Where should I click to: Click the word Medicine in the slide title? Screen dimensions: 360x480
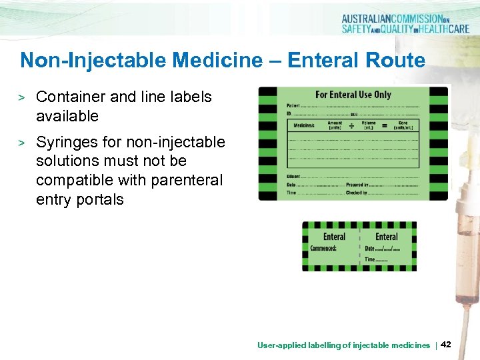pos(219,61)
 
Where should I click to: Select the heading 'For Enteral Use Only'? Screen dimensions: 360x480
pos(353,95)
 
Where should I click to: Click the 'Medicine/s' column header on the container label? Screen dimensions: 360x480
pos(303,125)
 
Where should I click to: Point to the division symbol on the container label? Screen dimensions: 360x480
pos(351,124)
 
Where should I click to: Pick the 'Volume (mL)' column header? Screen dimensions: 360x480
pos(368,125)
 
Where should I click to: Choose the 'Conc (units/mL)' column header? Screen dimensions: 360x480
pos(403,125)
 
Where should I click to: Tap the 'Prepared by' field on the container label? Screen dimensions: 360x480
pos(357,184)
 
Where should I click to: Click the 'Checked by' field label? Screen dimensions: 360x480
pos(357,192)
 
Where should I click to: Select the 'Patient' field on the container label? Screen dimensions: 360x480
pos(293,105)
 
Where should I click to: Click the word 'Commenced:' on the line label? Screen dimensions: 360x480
pos(324,249)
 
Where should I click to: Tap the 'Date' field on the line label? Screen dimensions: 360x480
pos(370,249)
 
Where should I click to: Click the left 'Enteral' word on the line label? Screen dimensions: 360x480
pos(334,237)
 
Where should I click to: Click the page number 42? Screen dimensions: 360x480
pos(446,344)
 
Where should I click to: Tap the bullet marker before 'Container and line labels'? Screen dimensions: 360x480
pos(21,98)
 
